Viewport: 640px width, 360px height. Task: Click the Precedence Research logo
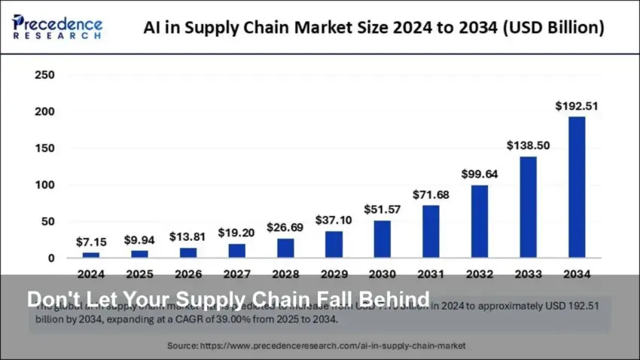click(57, 26)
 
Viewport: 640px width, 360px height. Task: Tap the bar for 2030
click(382, 239)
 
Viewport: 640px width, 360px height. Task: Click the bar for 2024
click(91, 255)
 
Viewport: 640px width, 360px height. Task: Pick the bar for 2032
click(479, 221)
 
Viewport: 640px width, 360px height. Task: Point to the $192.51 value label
click(577, 106)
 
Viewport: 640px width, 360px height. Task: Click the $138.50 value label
click(528, 145)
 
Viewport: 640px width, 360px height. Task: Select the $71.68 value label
click(431, 195)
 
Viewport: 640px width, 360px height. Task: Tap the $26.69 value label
click(285, 227)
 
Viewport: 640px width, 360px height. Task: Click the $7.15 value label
click(91, 243)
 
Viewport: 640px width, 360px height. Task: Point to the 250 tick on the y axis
click(44, 75)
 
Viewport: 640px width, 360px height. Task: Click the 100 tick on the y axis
click(44, 185)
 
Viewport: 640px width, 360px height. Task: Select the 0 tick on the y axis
click(50, 258)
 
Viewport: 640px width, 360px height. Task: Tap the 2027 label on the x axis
click(236, 274)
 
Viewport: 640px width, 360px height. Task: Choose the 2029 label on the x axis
click(334, 274)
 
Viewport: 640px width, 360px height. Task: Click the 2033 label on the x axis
click(528, 274)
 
